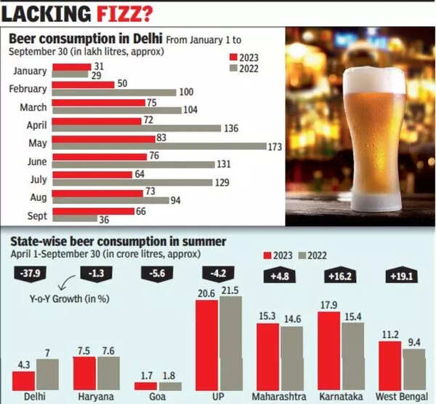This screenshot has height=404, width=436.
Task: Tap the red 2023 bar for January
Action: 70,66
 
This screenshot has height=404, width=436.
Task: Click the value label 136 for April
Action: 233,128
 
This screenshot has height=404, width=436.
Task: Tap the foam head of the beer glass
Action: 374,81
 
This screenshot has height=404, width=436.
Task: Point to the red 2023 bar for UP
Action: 207,341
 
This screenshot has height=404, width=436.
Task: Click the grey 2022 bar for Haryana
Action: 108,373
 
